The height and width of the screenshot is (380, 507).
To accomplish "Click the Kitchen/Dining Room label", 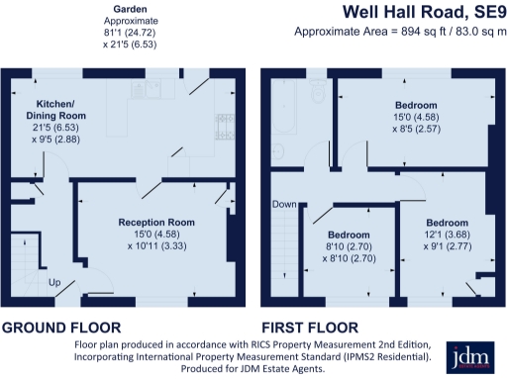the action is pos(56,110).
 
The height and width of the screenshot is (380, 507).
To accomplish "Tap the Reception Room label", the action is pos(156,223).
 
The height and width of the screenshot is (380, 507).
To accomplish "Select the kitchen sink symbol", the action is pos(147,88).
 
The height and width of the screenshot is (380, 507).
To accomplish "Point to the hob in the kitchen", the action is pos(225,127).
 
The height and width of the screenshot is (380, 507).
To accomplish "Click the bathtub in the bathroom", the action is pos(284,106).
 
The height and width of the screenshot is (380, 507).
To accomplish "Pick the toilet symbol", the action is pos(318,90).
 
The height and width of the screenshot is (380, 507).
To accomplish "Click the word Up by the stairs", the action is pos(54,282).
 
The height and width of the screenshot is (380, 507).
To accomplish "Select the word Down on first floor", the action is pos(284,204).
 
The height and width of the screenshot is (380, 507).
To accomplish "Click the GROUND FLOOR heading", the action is pos(61,328).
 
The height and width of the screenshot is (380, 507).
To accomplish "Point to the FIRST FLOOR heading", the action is pos(310,328).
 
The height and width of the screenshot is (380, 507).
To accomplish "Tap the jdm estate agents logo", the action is pos(470,357).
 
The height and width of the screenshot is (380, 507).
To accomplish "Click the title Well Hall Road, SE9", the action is pos(424,12).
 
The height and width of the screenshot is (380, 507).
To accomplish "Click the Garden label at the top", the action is pos(130,9).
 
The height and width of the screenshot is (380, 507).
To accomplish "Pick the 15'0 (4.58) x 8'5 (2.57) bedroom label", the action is pos(416,117).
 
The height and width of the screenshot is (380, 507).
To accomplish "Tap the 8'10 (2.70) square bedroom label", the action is pos(349,246).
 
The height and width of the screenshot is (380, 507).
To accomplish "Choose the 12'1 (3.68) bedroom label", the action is pos(448,235).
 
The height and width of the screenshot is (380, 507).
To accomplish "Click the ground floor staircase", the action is pos(27,264).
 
